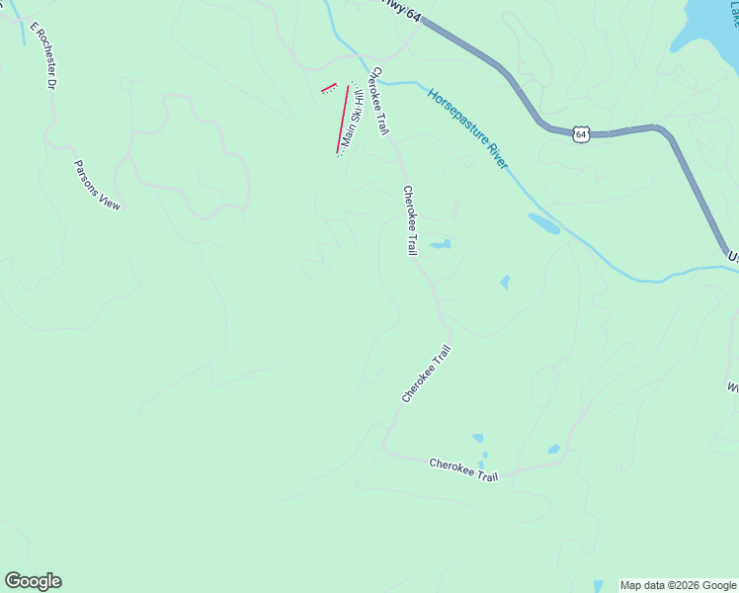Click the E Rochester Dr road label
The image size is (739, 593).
[42, 56]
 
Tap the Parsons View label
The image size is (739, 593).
[98, 185]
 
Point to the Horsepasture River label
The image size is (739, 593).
[468, 128]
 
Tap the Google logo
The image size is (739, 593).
[33, 581]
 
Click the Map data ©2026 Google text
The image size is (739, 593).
[678, 585]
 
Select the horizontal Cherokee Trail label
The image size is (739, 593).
[463, 469]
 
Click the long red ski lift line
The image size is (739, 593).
[343, 120]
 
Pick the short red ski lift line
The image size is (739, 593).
[329, 88]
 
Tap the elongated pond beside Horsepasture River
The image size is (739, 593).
[543, 223]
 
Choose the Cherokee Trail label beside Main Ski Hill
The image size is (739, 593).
[378, 101]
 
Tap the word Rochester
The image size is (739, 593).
[44, 61]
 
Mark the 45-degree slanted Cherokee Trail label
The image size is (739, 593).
[426, 374]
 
